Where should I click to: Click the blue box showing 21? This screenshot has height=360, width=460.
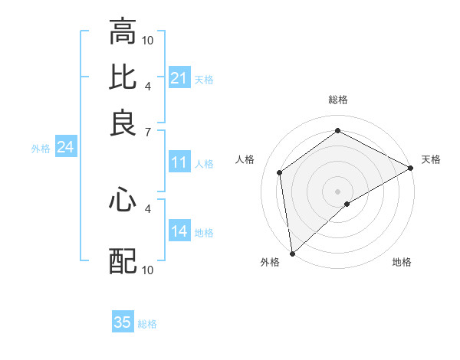179,78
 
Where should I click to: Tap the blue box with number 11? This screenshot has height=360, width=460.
179,163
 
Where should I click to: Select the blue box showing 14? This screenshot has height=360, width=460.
179,231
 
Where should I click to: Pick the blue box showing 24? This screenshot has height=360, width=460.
65,147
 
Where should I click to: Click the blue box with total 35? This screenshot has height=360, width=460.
123,322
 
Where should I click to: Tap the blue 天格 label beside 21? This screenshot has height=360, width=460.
204,79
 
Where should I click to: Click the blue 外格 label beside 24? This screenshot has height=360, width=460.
41,149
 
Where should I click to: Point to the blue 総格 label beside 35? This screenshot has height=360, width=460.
148,324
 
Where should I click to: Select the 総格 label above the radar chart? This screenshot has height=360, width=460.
337,100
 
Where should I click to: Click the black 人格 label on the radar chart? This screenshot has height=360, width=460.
245,159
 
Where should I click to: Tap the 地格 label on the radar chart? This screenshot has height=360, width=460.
402,263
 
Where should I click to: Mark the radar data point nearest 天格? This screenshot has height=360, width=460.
411,169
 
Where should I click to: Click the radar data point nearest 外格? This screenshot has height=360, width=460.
292,253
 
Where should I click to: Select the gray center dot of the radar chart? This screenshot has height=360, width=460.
337,191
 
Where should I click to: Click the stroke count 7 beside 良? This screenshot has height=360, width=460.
148,131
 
